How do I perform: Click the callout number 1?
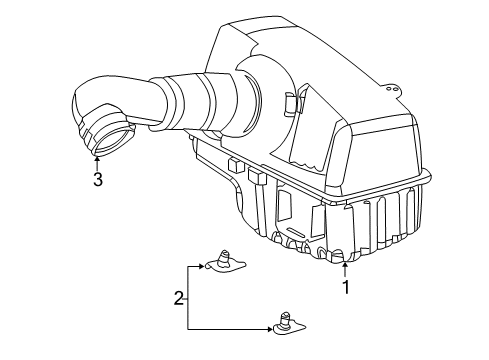click(346, 289)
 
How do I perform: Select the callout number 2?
click(179, 298)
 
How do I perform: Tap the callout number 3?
click(97, 179)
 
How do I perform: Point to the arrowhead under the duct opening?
click(97, 157)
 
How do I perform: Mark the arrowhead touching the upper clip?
click(203, 267)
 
